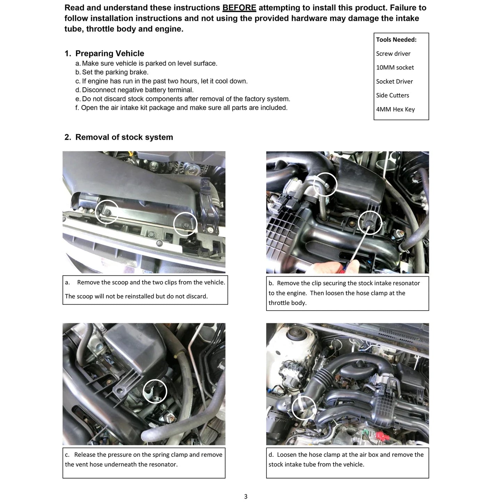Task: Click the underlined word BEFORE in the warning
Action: pos(239,8)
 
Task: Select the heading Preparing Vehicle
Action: pos(109,54)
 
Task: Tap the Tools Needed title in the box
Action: pos(396,40)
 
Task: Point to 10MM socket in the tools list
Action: pos(395,67)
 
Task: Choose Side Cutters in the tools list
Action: pos(392,95)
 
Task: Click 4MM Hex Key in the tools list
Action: pos(395,109)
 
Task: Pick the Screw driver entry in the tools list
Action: pos(393,54)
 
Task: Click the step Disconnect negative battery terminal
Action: pos(134,90)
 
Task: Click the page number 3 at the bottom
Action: pos(245,496)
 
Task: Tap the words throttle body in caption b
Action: pos(287,303)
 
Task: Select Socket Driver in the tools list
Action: pos(394,82)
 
